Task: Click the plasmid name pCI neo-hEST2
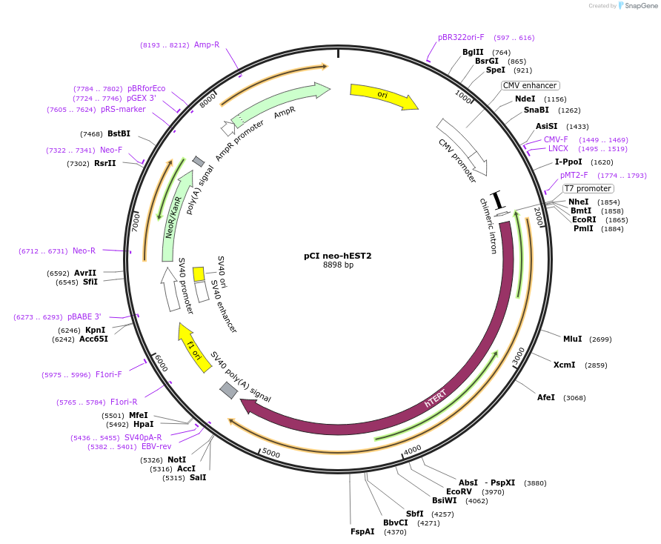[x=338, y=256]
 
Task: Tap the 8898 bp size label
[x=338, y=265]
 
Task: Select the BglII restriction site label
[x=473, y=52]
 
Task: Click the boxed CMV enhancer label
[x=530, y=85]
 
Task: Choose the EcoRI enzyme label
[x=583, y=219]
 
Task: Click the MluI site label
[x=572, y=339]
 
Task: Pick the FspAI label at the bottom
[x=362, y=531]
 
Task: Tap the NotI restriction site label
[x=176, y=460]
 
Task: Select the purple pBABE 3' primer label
[x=84, y=316]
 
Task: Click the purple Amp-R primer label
[x=207, y=44]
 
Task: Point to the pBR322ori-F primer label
[x=461, y=37]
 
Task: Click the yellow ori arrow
[x=384, y=96]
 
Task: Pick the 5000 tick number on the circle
[x=271, y=453]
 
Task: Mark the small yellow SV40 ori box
[x=199, y=273]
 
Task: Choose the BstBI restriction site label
[x=119, y=133]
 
